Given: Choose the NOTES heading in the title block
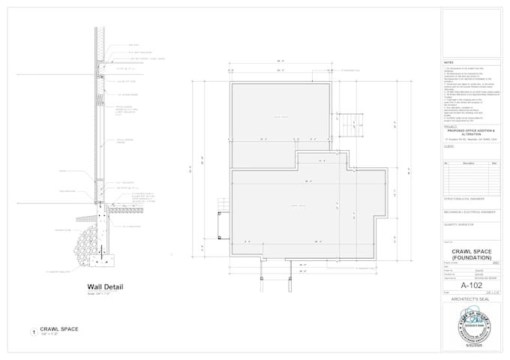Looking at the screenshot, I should point(449,63).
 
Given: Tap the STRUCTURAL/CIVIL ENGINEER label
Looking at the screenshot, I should point(464,199).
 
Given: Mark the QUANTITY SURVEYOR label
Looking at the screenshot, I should point(460,223).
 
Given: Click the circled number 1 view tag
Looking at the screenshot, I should point(33,331).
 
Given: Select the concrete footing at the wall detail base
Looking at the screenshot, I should point(100,259).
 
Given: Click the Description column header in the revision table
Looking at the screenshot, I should point(469,163).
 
